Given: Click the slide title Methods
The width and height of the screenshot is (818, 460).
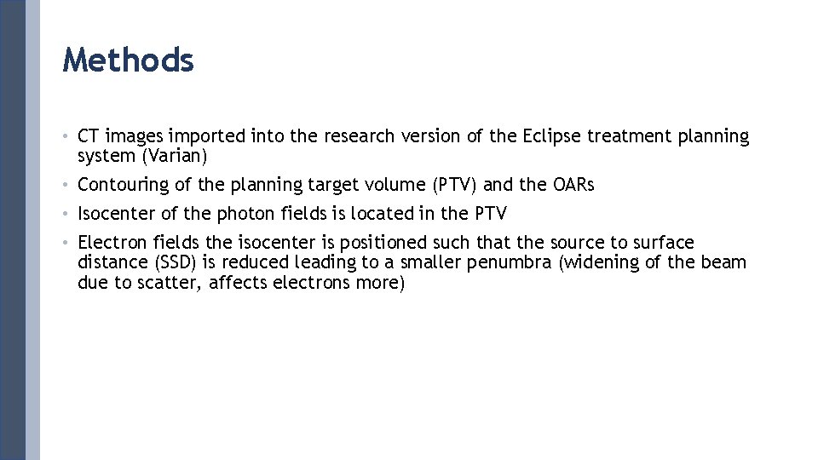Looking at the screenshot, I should pos(128,60).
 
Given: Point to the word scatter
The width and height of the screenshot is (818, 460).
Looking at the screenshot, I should pos(173,283).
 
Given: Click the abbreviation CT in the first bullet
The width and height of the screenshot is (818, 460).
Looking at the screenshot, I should pos(89,136).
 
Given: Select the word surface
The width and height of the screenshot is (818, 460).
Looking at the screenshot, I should pos(663,243).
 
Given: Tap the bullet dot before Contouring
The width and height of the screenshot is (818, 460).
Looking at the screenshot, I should pos(66,185).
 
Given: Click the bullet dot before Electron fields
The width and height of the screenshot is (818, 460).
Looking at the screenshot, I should pos(66,243).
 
